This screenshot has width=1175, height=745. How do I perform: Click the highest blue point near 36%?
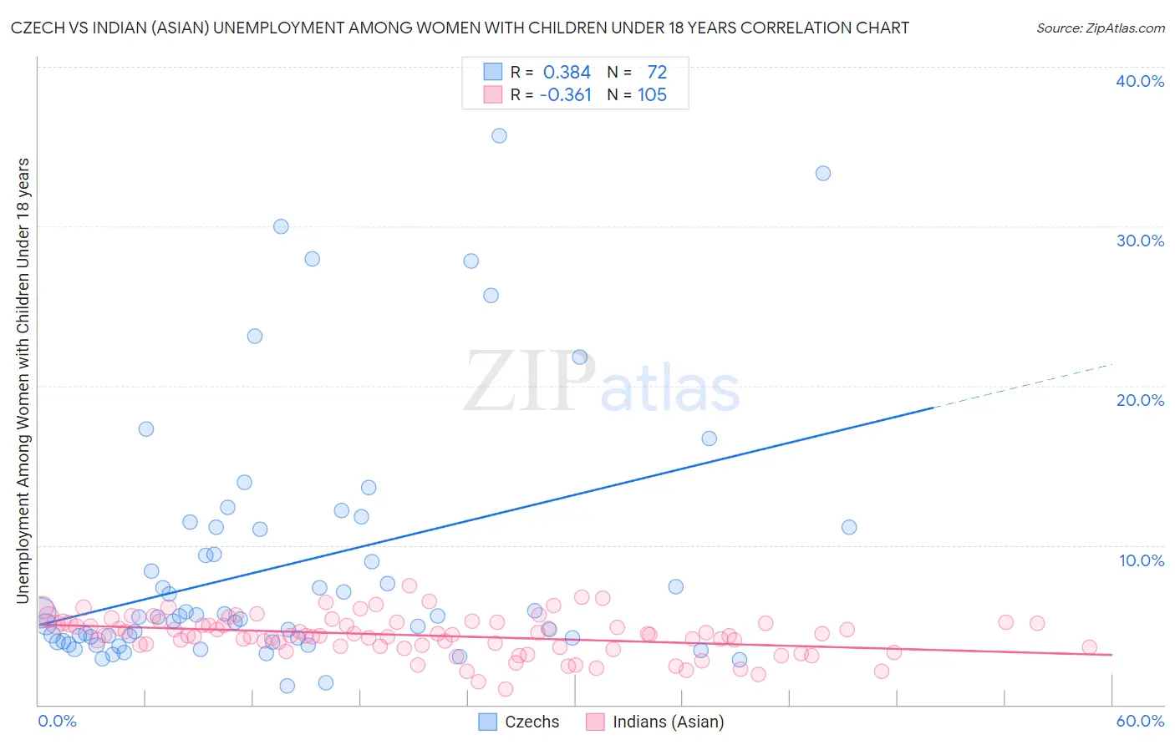coord(499,135)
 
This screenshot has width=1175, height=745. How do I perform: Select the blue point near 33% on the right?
coord(823,173)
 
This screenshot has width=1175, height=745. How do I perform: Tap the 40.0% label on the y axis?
coord(1140,81)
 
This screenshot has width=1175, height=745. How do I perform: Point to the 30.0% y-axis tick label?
coord(1140,241)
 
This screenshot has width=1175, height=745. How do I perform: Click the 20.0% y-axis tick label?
coord(1140,400)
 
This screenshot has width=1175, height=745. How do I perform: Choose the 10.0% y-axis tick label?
coord(1142,560)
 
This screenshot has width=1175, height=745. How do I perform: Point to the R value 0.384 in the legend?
coord(567,73)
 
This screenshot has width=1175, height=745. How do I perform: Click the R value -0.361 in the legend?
coord(566,95)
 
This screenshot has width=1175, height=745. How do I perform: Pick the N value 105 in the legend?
coord(652,95)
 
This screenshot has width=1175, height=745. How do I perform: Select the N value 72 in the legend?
coord(657,73)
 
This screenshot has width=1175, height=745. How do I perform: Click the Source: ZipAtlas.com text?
coord(1100,28)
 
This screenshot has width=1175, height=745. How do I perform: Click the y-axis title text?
coord(23,380)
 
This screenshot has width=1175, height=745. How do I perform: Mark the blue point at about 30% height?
coord(281,226)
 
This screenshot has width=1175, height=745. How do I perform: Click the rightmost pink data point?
coord(1089,647)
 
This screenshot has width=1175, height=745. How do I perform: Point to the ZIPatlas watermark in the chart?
coord(602,382)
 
